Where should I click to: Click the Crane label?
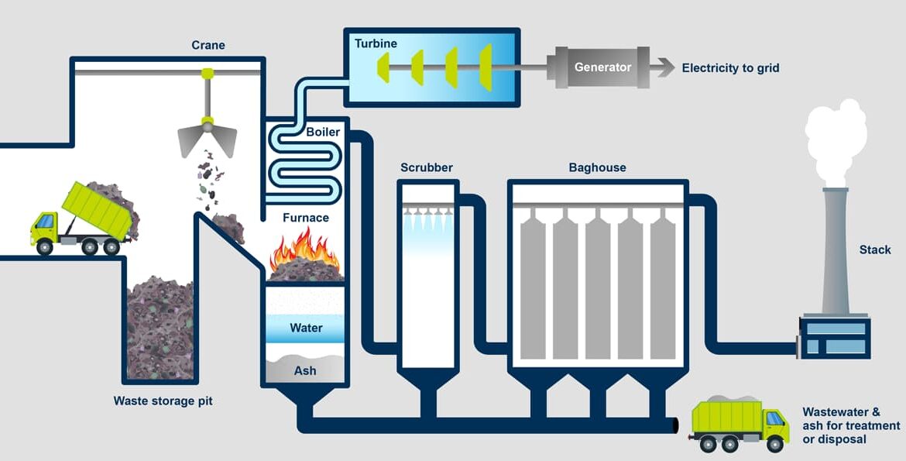click(x=208, y=45)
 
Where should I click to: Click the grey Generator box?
click(x=602, y=67)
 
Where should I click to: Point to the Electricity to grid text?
click(x=730, y=68)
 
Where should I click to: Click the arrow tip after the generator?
click(x=668, y=67)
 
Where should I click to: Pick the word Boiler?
click(x=322, y=132)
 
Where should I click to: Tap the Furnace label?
click(x=305, y=218)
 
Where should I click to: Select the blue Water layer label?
click(x=305, y=328)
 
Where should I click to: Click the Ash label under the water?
click(x=305, y=370)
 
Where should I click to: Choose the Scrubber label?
click(x=427, y=167)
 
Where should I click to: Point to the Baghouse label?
click(x=597, y=167)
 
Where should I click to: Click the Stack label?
click(x=875, y=249)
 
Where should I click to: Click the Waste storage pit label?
click(x=163, y=401)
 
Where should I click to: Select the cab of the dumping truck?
click(x=46, y=226)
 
